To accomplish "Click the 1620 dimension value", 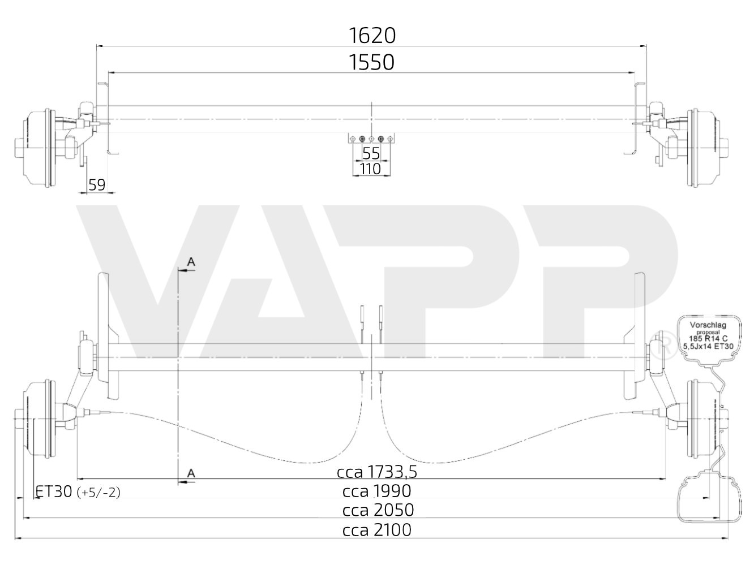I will [372, 36].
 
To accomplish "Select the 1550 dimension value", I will [372, 62].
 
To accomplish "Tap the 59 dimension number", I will [97, 184].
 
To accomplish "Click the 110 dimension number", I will [371, 169].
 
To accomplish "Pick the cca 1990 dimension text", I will [376, 491].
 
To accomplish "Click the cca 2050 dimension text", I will [378, 510].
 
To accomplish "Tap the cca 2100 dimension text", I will [376, 530].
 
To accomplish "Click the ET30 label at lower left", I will [54, 491].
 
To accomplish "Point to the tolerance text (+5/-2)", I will [101, 493].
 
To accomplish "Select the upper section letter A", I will [191, 262].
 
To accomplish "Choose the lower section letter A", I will [191, 473].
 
